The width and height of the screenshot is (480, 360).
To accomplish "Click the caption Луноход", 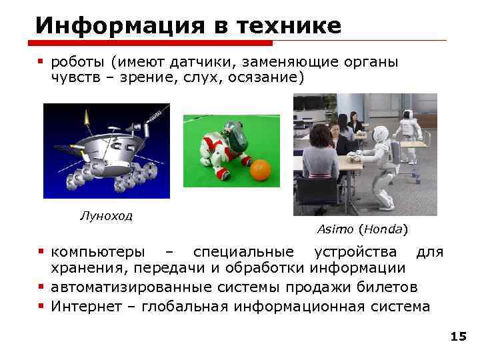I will tap(106, 215).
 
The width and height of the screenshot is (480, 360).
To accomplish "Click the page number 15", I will tap(458, 337).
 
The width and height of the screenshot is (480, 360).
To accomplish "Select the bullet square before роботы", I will tap(41, 61).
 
